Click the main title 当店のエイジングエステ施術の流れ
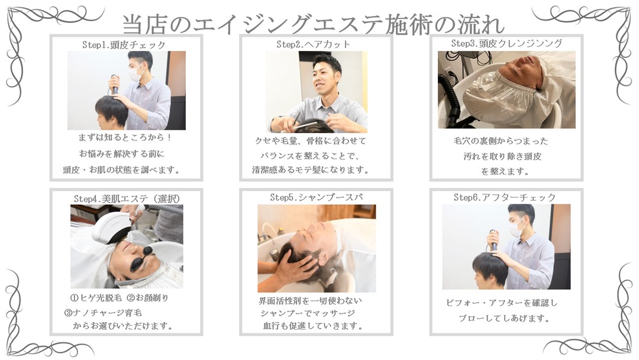click(x=313, y=24)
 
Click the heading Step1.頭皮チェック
click(x=124, y=45)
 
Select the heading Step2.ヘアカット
click(x=314, y=44)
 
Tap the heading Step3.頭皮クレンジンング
click(x=506, y=43)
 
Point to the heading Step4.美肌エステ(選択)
click(x=127, y=198)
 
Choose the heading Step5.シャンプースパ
click(x=316, y=197)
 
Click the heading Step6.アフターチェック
click(x=505, y=197)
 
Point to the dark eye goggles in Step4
click(x=137, y=256)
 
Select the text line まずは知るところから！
click(x=125, y=137)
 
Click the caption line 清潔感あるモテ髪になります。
click(x=311, y=169)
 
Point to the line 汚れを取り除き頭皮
click(x=502, y=156)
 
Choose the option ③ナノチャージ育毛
click(x=103, y=313)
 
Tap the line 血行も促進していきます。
click(x=312, y=326)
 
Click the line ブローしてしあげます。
click(x=504, y=318)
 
